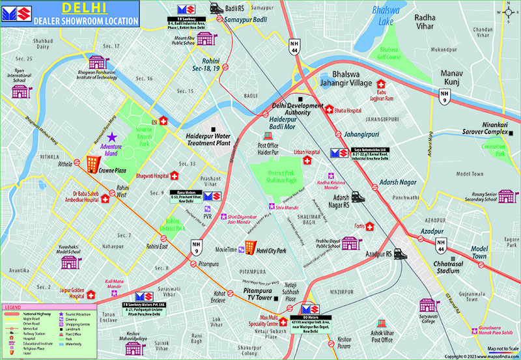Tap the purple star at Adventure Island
[111, 137]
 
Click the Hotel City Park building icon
[249, 248]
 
